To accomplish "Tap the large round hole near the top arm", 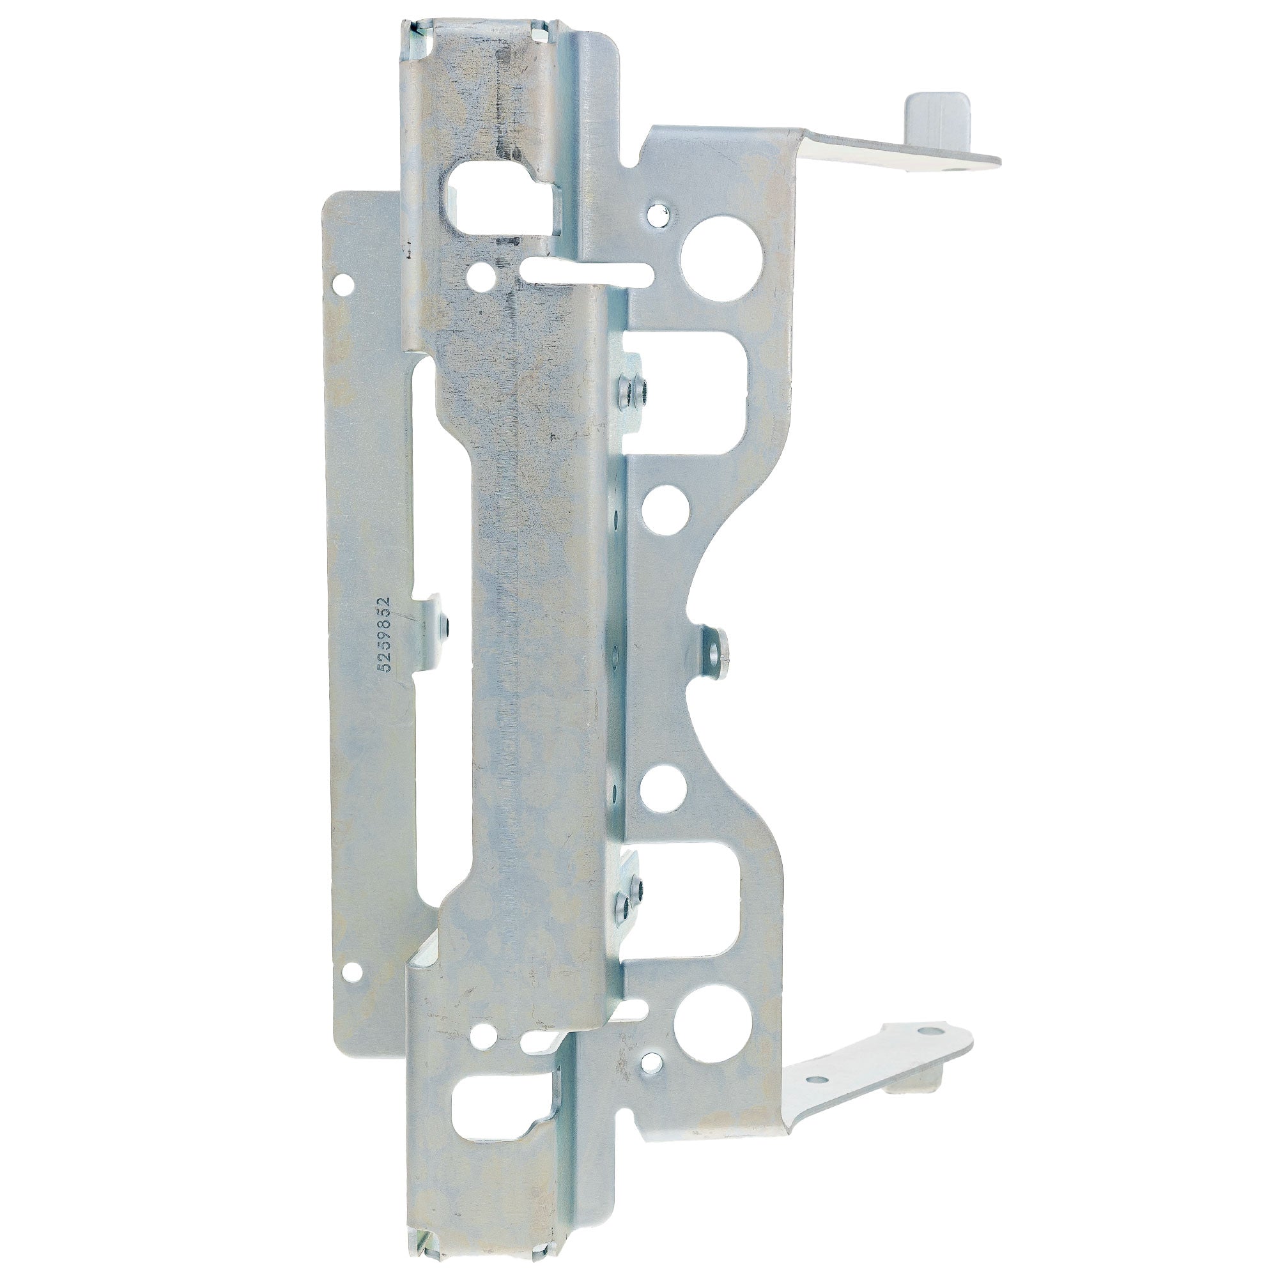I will pos(721,259).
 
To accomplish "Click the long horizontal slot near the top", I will pos(586,272).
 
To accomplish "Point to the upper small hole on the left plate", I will pos(344,285).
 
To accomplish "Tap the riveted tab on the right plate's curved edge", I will pos(714,652).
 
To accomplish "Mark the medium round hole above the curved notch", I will pos(665,510).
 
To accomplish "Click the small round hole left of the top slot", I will pos(481,275).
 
